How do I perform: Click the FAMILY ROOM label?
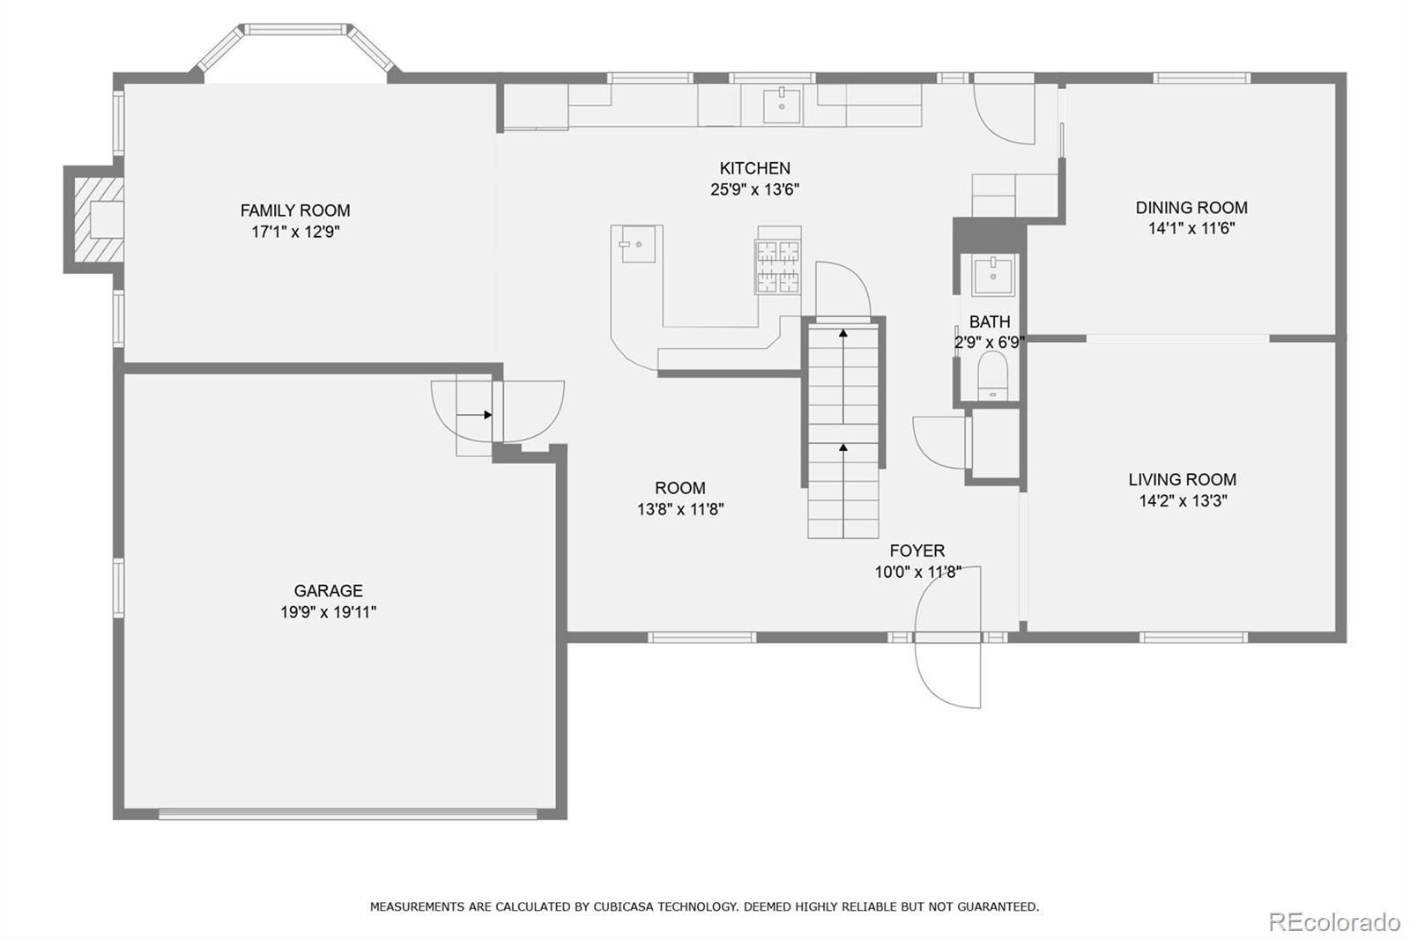pyautogui.click(x=295, y=211)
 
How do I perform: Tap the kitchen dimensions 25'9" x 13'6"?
pyautogui.click(x=754, y=189)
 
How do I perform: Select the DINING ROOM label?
pyautogui.click(x=1191, y=208)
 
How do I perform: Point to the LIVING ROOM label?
pyautogui.click(x=1182, y=479)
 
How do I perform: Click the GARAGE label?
pyautogui.click(x=329, y=591)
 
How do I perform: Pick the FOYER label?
pyautogui.click(x=917, y=551)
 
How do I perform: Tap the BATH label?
pyautogui.click(x=990, y=322)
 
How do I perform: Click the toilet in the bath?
pyautogui.click(x=992, y=376)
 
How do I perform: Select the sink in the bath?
pyautogui.click(x=992, y=275)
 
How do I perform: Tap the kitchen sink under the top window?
pyautogui.click(x=782, y=106)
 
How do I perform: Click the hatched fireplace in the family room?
pyautogui.click(x=99, y=219)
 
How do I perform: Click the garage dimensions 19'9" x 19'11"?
pyautogui.click(x=329, y=611)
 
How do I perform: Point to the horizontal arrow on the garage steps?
pyautogui.click(x=474, y=415)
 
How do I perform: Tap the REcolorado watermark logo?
pyautogui.click(x=1334, y=922)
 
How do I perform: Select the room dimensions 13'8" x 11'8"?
pyautogui.click(x=680, y=509)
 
